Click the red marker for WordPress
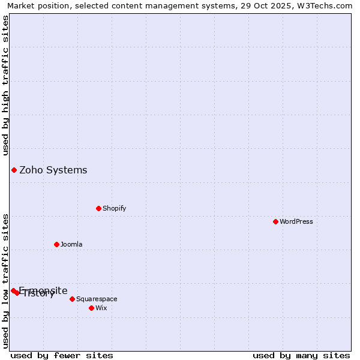point(275,221)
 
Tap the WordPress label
point(296,221)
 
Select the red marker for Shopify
point(98,208)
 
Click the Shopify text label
point(114,208)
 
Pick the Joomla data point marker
point(56,244)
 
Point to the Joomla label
point(71,244)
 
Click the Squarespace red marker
point(72,299)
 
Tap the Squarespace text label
point(97,299)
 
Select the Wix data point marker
point(91,308)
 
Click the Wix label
point(101,308)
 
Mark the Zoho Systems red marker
point(14,170)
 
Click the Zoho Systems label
point(53,170)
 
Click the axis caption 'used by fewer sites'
point(61,355)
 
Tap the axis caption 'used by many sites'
point(301,355)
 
